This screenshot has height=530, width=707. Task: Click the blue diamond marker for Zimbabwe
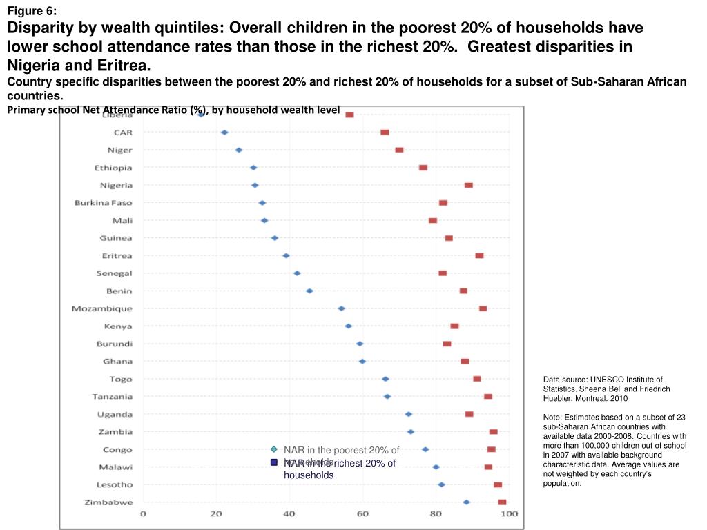click(x=467, y=502)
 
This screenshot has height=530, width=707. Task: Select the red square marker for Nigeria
click(x=469, y=185)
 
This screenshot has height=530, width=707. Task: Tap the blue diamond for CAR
click(x=224, y=132)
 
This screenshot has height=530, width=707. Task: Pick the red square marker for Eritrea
click(x=479, y=255)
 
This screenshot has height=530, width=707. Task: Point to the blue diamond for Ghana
click(x=362, y=361)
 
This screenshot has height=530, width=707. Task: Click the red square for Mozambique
click(x=483, y=308)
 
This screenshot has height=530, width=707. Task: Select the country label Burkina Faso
click(x=104, y=203)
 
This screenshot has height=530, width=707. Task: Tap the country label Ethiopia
click(x=113, y=168)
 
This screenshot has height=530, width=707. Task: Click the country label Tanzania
click(x=113, y=397)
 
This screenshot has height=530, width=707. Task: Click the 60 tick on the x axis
click(x=362, y=514)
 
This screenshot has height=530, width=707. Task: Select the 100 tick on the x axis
click(x=509, y=514)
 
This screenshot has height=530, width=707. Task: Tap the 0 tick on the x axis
click(x=144, y=514)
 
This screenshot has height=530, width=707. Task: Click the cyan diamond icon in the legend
click(x=274, y=450)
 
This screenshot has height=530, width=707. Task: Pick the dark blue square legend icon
click(x=274, y=463)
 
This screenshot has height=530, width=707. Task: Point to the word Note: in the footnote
click(x=552, y=418)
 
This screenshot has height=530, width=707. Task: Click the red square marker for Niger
click(x=399, y=150)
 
